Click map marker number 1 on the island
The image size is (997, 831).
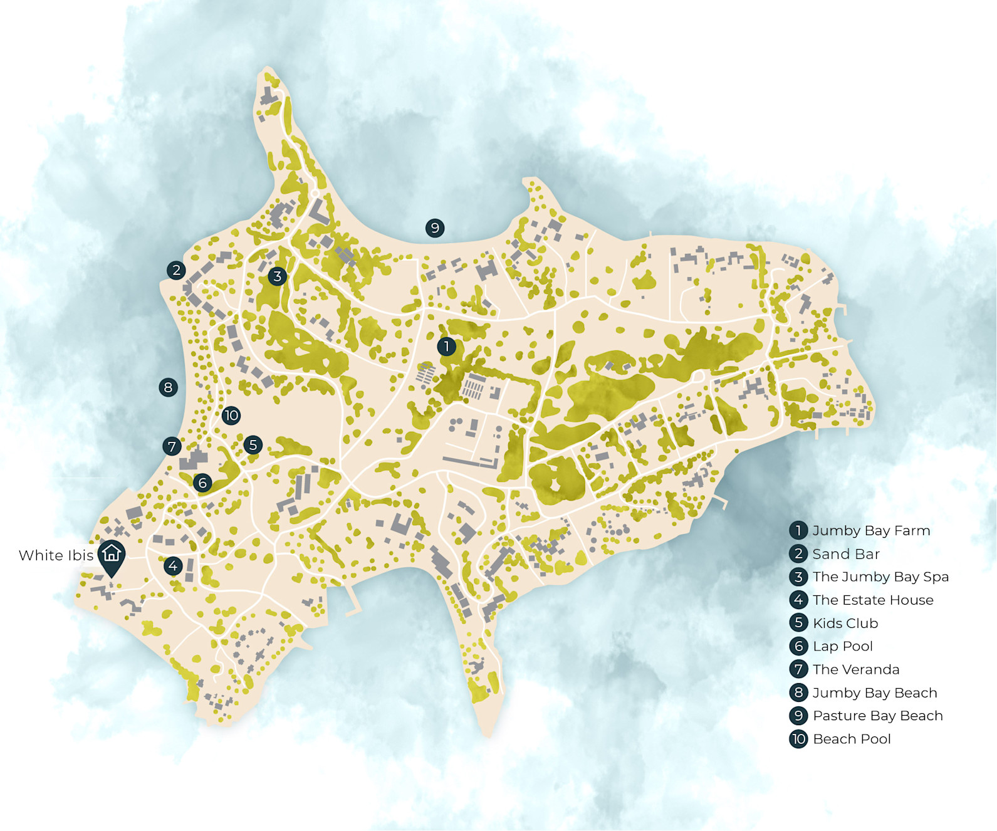(447, 346)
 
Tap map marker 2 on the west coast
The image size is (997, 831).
(176, 270)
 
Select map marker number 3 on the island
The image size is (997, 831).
(278, 276)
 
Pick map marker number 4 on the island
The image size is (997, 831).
(173, 566)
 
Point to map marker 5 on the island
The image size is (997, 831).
(253, 445)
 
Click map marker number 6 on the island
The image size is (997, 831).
(202, 483)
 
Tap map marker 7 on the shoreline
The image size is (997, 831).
(172, 446)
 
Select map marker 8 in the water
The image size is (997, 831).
(168, 387)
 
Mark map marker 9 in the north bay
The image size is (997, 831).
(435, 227)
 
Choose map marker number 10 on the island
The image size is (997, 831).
(231, 415)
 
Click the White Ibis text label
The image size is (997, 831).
(56, 555)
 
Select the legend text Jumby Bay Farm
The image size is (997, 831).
(871, 531)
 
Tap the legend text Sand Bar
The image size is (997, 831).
(846, 554)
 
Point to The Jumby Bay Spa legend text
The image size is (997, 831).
(880, 577)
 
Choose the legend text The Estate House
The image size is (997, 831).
(873, 600)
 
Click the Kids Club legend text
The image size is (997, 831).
(845, 623)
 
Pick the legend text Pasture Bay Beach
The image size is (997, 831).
(877, 716)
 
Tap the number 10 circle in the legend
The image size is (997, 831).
(798, 739)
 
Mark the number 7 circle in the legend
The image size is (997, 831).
(798, 669)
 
